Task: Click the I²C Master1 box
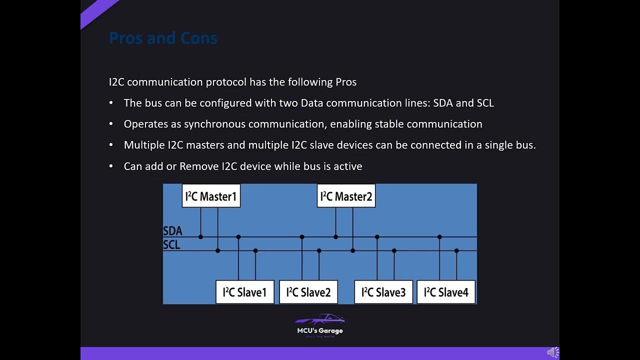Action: pyautogui.click(x=211, y=196)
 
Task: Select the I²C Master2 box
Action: pyautogui.click(x=346, y=196)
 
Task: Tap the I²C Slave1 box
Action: pyautogui.click(x=244, y=292)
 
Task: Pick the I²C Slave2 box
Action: pyautogui.click(x=308, y=292)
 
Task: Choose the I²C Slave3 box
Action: pyautogui.click(x=383, y=292)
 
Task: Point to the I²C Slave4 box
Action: pyautogui.click(x=446, y=292)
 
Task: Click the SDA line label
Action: pyautogui.click(x=172, y=231)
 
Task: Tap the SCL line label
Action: pyautogui.click(x=171, y=245)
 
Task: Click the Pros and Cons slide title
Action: pyautogui.click(x=163, y=38)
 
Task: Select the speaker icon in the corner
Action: pyautogui.click(x=552, y=352)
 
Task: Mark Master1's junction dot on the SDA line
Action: pyautogui.click(x=200, y=237)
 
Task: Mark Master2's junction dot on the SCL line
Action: pyautogui.click(x=352, y=250)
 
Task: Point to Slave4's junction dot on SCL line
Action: pyautogui.click(x=456, y=250)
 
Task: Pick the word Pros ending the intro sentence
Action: pyautogui.click(x=345, y=82)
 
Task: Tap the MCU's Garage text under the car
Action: pyautogui.click(x=320, y=330)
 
